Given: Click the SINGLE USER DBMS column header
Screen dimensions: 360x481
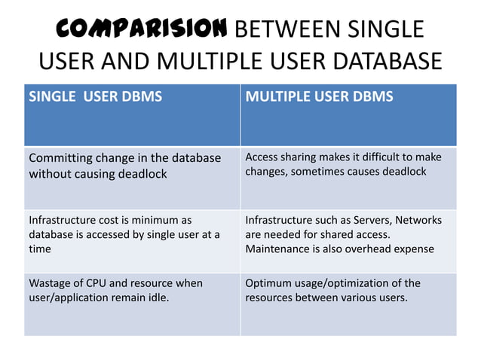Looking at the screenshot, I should pos(95,97).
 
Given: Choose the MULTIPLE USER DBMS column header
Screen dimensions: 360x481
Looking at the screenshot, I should pos(319,97).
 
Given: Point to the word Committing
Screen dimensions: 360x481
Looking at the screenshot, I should pos(60,158).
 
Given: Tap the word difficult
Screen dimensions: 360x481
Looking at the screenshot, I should pos(378,157).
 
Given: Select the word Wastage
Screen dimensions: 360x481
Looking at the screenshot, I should pos(51,283).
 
